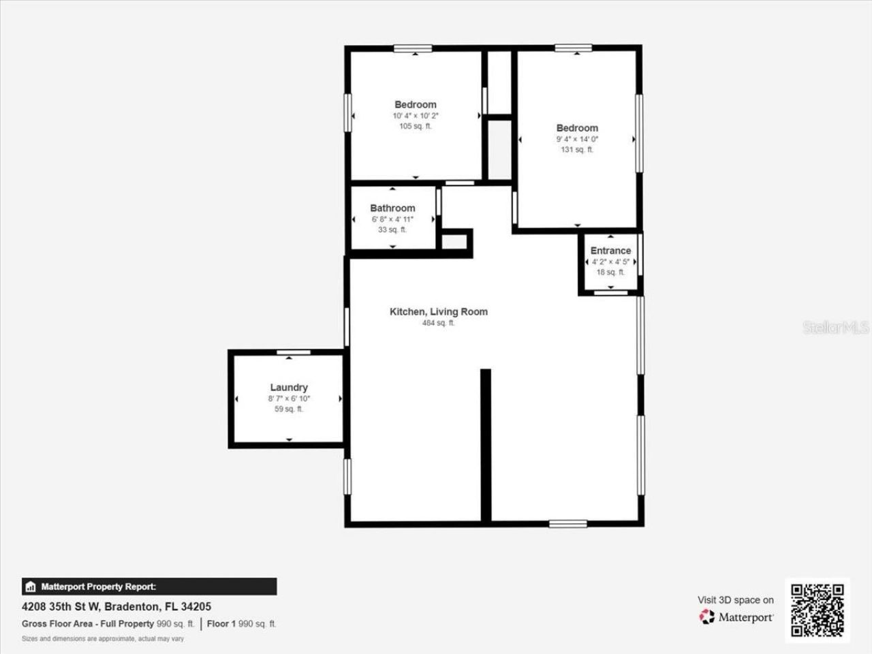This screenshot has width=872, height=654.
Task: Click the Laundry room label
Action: (289, 388)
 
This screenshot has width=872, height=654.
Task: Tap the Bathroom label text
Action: (392, 208)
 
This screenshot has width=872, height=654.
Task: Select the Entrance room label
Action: (610, 250)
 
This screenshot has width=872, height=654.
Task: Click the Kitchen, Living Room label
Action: (438, 311)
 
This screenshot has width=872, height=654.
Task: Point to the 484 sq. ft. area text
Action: (438, 323)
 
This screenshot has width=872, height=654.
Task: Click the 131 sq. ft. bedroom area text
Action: (577, 150)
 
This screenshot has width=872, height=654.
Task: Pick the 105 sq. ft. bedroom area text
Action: (415, 126)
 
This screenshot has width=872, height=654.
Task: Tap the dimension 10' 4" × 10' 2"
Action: (415, 116)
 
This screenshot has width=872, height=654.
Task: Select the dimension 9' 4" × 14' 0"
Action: (577, 139)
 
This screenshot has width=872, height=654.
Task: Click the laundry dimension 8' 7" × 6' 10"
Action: (289, 399)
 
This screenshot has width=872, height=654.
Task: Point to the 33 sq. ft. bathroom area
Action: (392, 230)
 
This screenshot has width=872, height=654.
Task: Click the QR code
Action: (817, 610)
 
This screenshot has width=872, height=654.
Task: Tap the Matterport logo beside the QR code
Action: (736, 617)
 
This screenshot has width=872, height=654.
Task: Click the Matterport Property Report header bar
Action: (149, 587)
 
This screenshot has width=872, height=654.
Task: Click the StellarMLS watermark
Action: (835, 328)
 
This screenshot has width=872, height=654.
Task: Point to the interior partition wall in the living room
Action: (486, 446)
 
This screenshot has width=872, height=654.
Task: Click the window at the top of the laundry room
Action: (294, 352)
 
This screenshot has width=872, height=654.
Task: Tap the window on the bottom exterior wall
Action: (568, 523)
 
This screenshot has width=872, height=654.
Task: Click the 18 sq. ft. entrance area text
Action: (610, 272)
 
